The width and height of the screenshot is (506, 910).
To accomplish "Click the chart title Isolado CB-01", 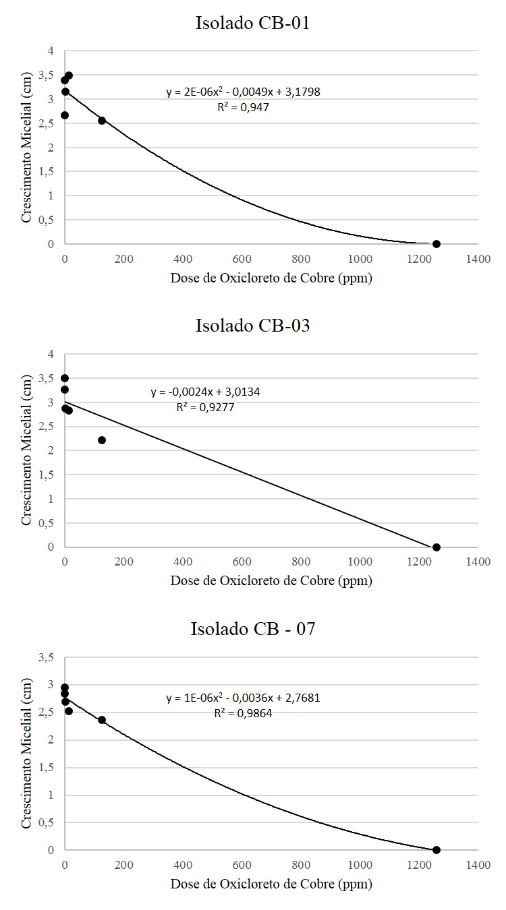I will pyautogui.click(x=252, y=23).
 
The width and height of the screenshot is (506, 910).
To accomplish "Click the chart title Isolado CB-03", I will pyautogui.click(x=252, y=326).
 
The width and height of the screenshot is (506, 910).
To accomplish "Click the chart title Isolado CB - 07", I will pyautogui.click(x=252, y=629).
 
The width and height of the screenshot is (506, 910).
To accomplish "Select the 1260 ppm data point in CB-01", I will pyautogui.click(x=437, y=244).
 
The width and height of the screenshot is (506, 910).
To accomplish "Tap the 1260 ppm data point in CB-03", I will pyautogui.click(x=437, y=547).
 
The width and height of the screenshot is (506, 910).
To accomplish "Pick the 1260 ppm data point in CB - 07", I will pyautogui.click(x=437, y=850).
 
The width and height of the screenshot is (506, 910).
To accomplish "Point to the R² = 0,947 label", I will pyautogui.click(x=243, y=107).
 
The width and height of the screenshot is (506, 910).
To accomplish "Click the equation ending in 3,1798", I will pyautogui.click(x=243, y=92).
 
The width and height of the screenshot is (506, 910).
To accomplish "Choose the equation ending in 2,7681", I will pyautogui.click(x=243, y=698).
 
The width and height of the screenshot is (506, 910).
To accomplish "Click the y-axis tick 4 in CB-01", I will pyautogui.click(x=51, y=51).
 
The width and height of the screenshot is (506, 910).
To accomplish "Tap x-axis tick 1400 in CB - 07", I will pyautogui.click(x=478, y=864).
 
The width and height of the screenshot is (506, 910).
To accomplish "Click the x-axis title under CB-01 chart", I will pyautogui.click(x=271, y=278).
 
